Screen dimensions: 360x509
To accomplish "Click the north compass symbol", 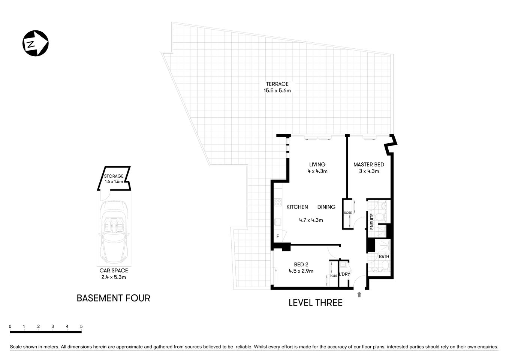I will point(36,44).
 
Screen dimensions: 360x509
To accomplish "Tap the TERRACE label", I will point(277,84).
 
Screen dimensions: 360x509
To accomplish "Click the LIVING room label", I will point(317,164).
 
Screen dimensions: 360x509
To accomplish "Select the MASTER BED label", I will point(368,164).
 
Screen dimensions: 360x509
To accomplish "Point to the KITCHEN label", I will point(297,207).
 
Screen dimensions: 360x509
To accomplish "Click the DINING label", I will point(326,207).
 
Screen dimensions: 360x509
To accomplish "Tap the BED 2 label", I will point(301,264).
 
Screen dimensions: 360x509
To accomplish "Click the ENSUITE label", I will point(372,221).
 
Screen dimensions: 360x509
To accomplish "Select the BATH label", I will point(384,256).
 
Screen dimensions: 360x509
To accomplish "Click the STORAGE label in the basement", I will point(114,176).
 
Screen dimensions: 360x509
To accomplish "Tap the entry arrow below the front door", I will point(359,295).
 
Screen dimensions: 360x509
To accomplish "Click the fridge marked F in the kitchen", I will point(277,237).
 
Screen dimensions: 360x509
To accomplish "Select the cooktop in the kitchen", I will point(278,202).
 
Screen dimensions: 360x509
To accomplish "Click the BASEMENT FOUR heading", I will point(113,298).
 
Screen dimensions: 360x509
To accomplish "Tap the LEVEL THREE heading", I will point(315,303).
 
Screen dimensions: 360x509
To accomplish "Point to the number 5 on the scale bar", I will point(81,326).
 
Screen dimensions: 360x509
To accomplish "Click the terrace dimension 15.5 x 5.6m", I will point(277,90).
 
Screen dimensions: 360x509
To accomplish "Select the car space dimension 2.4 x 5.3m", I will point(114,277).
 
